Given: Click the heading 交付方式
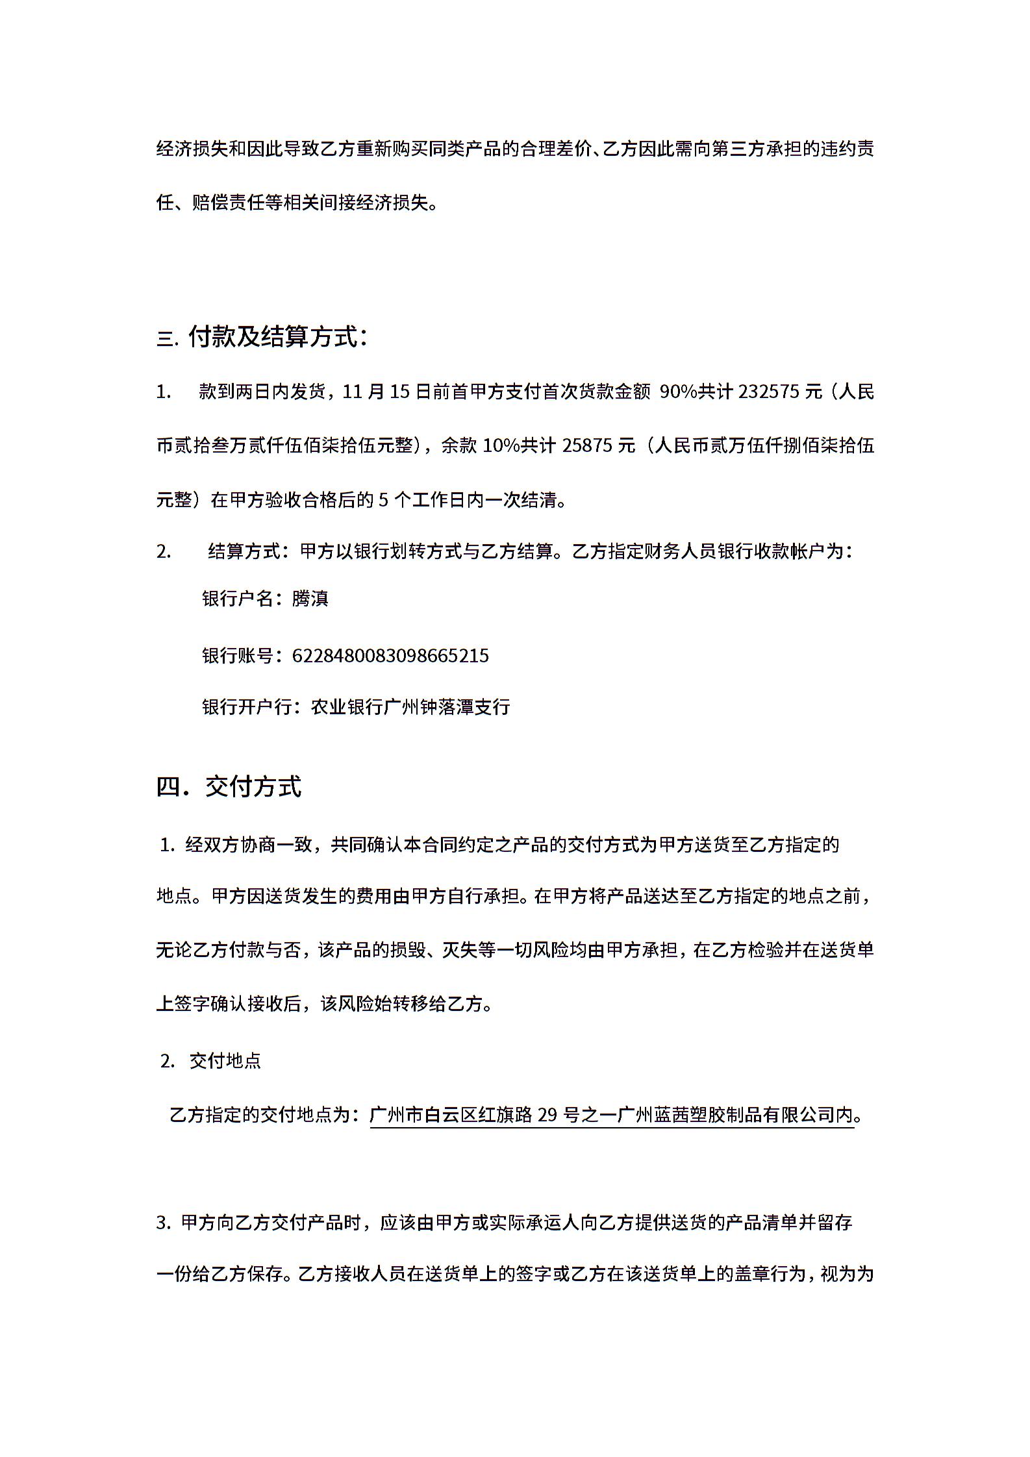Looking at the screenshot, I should click(x=253, y=786).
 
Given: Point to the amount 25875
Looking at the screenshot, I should click(x=590, y=445).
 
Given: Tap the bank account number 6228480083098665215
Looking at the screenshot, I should click(x=390, y=656).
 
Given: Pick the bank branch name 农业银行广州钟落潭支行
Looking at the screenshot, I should click(x=410, y=706).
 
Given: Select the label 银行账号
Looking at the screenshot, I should click(x=238, y=656).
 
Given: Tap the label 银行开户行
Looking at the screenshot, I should click(x=247, y=706).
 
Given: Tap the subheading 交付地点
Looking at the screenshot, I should click(x=225, y=1062).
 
